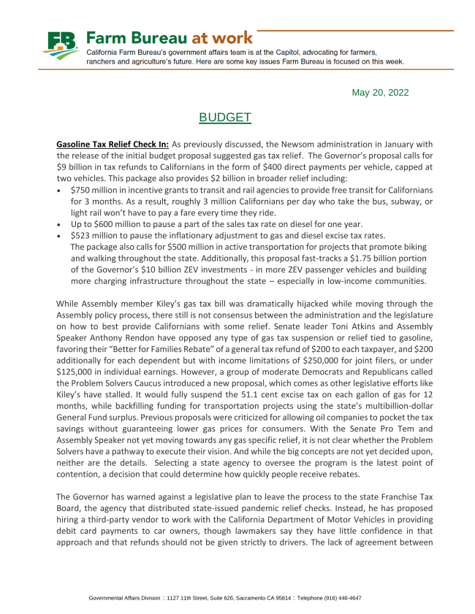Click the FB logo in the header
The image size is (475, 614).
61,46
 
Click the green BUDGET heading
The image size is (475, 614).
225,118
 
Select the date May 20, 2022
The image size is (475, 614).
380,93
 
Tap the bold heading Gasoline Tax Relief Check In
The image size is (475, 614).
113,145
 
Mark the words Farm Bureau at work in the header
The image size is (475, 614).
170,37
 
